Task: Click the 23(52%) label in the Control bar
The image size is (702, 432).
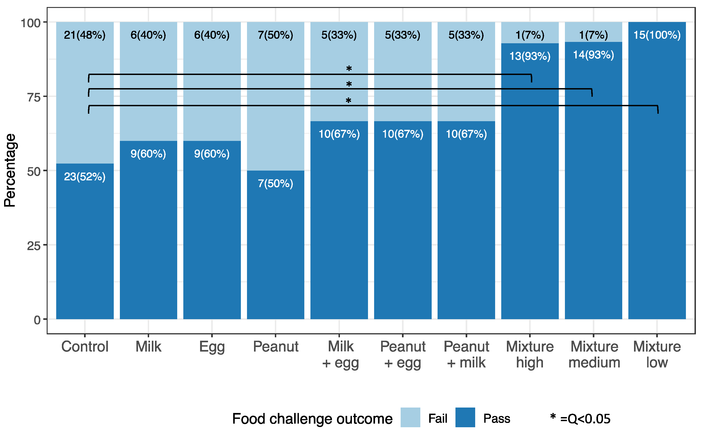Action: tap(85, 177)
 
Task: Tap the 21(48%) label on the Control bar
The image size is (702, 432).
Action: tap(85, 35)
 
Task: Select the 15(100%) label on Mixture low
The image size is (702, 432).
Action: tap(657, 35)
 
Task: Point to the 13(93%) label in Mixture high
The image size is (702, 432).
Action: tap(530, 56)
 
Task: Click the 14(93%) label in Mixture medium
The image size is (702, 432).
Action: tap(593, 55)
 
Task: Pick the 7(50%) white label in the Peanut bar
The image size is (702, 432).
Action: tap(275, 183)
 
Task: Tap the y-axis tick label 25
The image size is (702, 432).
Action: tap(34, 246)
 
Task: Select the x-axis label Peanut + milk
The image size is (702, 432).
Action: tap(466, 355)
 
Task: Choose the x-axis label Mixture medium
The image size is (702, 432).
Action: tap(594, 355)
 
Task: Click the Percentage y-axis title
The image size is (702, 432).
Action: tap(10, 170)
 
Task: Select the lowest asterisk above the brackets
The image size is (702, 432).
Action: tap(348, 101)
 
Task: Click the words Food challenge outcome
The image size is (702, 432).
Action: tap(312, 419)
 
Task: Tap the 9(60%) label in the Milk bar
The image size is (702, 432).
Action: tap(148, 154)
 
